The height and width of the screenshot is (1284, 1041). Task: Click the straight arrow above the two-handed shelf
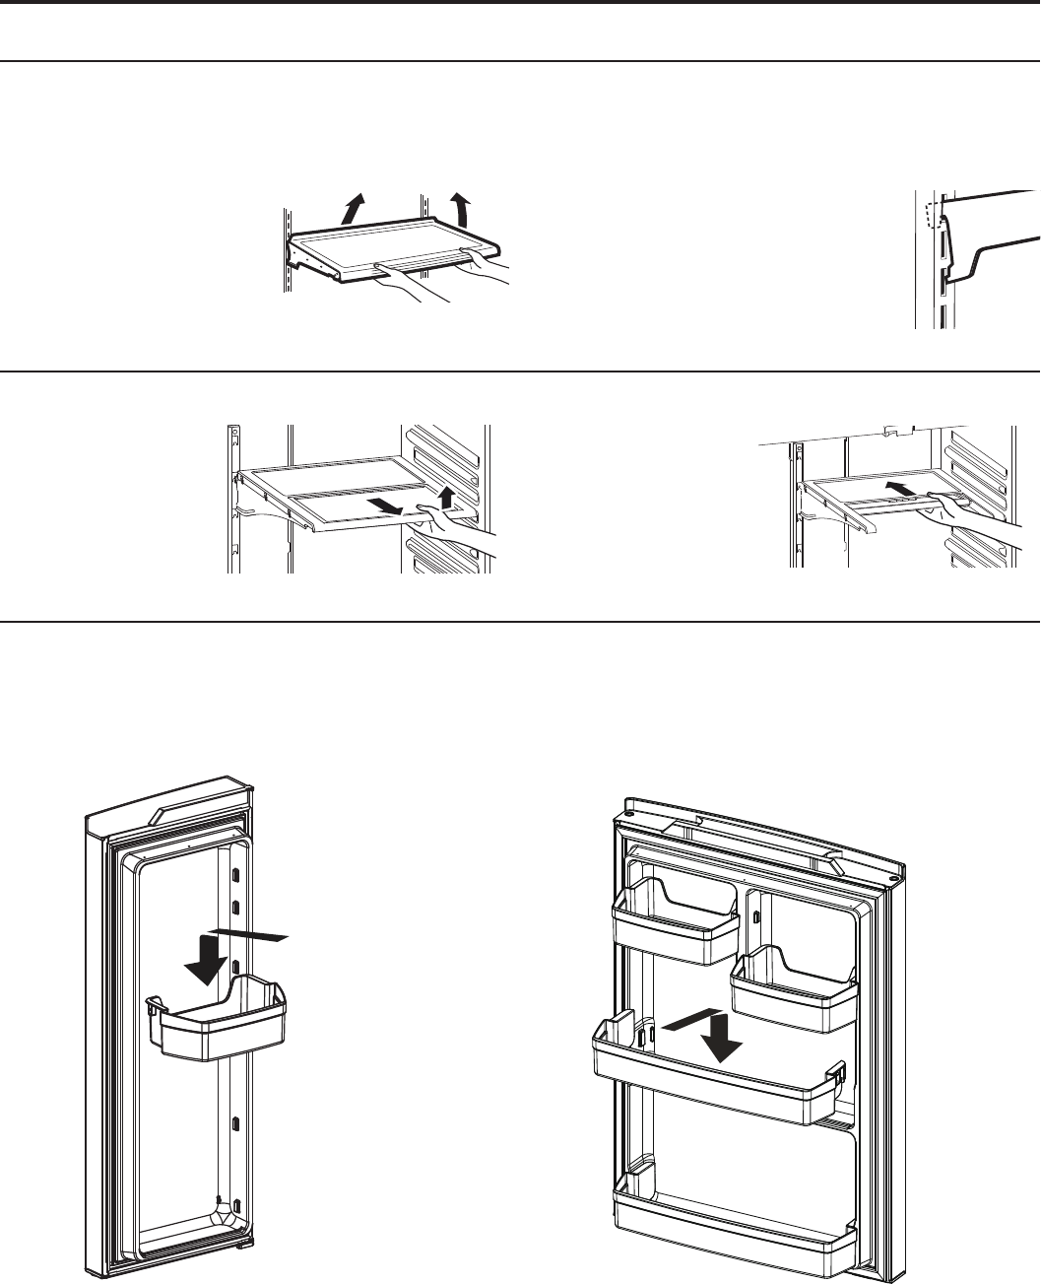350,209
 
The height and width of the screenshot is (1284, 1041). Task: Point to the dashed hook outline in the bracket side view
930,213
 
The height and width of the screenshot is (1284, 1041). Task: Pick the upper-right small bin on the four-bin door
794,990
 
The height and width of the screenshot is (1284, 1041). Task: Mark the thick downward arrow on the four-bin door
725,1045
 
